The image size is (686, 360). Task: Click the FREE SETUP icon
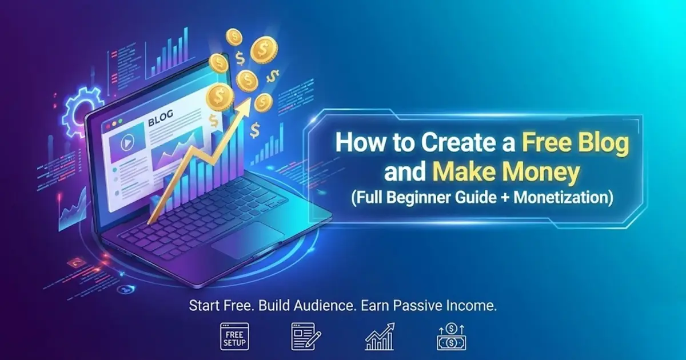(x=233, y=337)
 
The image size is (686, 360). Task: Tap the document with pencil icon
(x=305, y=337)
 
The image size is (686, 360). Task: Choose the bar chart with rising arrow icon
(x=379, y=336)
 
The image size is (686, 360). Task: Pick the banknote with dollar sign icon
(x=451, y=337)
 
